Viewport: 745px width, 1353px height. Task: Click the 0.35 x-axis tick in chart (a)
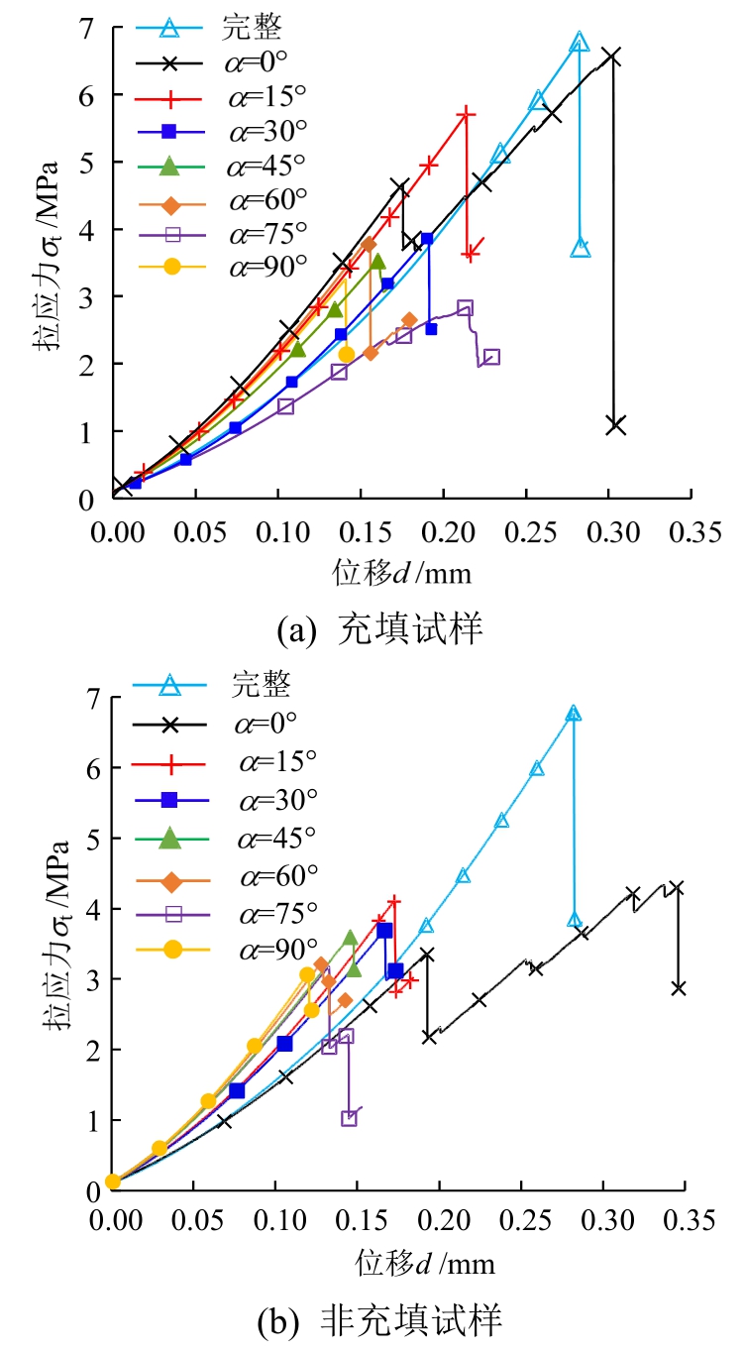pos(691,532)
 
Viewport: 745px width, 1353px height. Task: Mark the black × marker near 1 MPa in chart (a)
pos(615,425)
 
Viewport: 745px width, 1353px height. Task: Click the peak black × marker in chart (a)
pos(611,56)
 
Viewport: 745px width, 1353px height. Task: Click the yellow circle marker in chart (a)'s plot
pos(346,354)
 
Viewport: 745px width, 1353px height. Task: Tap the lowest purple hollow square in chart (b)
pos(349,1118)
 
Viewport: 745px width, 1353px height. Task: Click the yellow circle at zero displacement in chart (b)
pos(113,1181)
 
